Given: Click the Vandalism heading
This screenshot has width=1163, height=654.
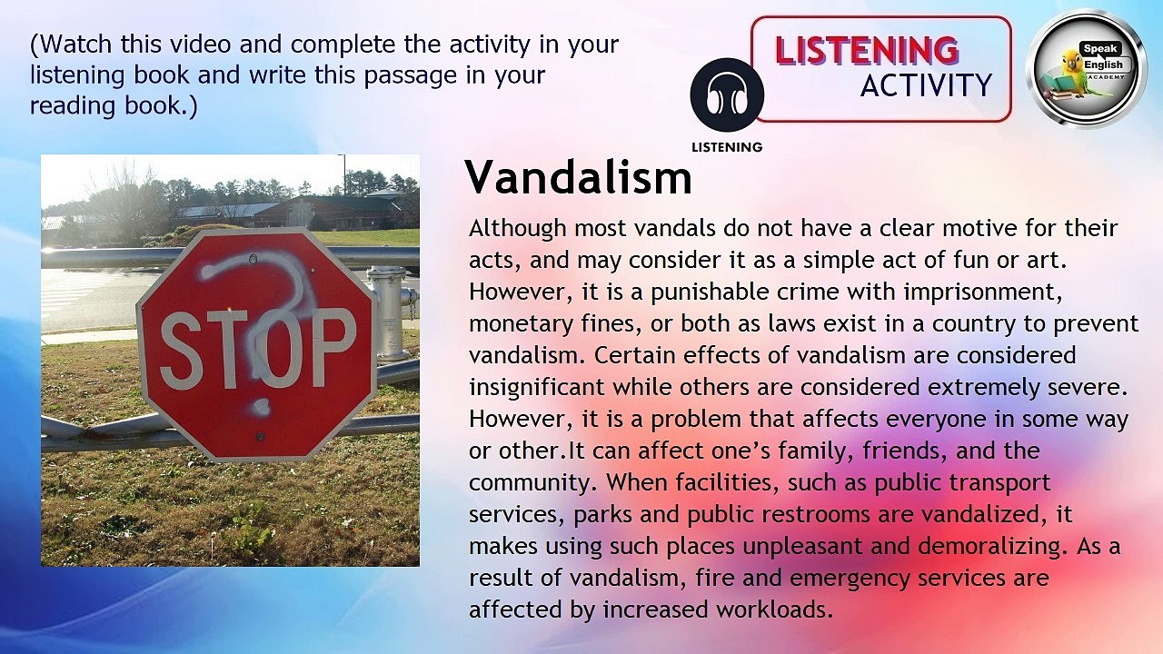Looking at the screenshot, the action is click(x=579, y=177).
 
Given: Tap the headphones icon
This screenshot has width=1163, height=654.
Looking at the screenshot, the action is click(x=727, y=95).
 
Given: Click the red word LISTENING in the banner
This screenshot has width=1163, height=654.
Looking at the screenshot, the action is click(x=867, y=51).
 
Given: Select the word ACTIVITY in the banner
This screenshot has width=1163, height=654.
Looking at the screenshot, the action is click(x=926, y=85).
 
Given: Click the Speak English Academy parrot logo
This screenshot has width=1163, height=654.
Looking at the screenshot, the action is click(x=1086, y=69).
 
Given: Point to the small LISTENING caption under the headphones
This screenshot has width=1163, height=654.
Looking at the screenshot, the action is click(x=727, y=147).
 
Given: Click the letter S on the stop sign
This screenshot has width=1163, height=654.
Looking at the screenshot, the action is click(x=181, y=352).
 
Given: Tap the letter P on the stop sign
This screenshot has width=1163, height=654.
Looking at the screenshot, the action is click(x=335, y=348).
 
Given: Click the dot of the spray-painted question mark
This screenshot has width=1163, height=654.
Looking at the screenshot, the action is click(x=260, y=407).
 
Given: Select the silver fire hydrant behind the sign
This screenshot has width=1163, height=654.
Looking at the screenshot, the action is click(x=391, y=313).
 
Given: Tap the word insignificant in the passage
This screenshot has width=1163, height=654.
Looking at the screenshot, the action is click(x=537, y=388).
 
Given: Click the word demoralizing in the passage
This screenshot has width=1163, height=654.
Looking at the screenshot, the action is click(x=989, y=547).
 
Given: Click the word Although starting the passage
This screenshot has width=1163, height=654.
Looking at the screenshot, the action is click(x=517, y=229).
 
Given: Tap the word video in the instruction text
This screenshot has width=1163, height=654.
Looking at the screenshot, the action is click(x=201, y=45).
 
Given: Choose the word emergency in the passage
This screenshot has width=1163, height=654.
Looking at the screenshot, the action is click(x=850, y=580).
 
